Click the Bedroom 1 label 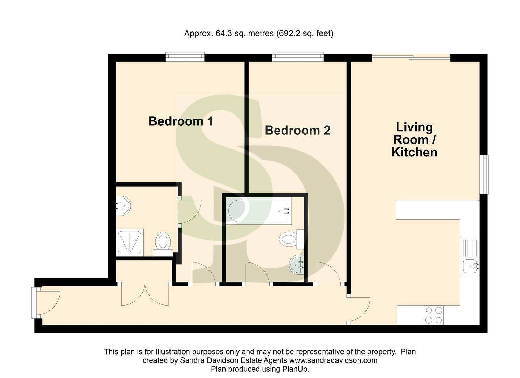pyautogui.click(x=181, y=121)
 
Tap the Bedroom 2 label pyautogui.click(x=297, y=130)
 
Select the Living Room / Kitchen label pyautogui.click(x=414, y=139)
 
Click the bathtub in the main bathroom pyautogui.click(x=259, y=211)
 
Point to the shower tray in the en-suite pyautogui.click(x=130, y=242)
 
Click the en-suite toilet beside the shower pyautogui.click(x=162, y=242)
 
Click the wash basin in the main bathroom pyautogui.click(x=297, y=265)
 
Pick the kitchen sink pyautogui.click(x=470, y=266)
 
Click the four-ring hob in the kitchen pyautogui.click(x=434, y=315)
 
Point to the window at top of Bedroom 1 pyautogui.click(x=185, y=57)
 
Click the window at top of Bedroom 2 pyautogui.click(x=298, y=57)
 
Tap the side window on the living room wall pyautogui.click(x=485, y=174)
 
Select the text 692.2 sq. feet pyautogui.click(x=305, y=34)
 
